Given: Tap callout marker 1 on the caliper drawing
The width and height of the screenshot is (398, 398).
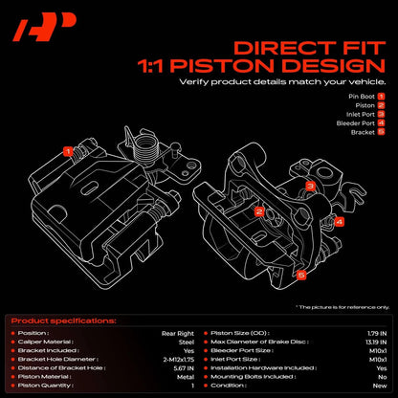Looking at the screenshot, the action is point(68,151).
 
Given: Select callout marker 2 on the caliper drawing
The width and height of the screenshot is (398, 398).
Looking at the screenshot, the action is point(259,211).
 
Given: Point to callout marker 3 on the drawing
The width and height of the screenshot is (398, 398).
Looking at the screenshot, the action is point(310,186).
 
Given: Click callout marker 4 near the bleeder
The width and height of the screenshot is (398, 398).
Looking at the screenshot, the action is point(339,222).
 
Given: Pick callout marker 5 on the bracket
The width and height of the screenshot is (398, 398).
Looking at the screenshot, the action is point(301,275).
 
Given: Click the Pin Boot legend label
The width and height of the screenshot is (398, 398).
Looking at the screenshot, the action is point(362,97).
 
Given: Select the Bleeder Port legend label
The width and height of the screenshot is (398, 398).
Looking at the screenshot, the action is point(356,123).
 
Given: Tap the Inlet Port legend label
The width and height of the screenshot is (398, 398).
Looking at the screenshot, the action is point(361,114).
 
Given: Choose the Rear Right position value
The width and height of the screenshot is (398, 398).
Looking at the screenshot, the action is point(178,334).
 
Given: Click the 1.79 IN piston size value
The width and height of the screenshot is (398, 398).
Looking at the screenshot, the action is point(377,334).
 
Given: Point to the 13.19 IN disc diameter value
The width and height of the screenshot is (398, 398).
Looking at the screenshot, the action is point(376,343).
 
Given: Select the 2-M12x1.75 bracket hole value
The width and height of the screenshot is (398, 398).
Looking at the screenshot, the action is point(179,360).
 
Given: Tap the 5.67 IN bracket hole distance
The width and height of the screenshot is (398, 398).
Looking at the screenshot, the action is point(184,368).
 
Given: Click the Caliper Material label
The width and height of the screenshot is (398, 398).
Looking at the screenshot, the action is point(46,342).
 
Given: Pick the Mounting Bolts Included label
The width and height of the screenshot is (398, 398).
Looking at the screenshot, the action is point(254,377).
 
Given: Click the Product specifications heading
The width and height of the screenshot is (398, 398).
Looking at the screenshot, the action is point(64,321).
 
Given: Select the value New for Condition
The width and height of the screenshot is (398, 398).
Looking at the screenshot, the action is point(380,386).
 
